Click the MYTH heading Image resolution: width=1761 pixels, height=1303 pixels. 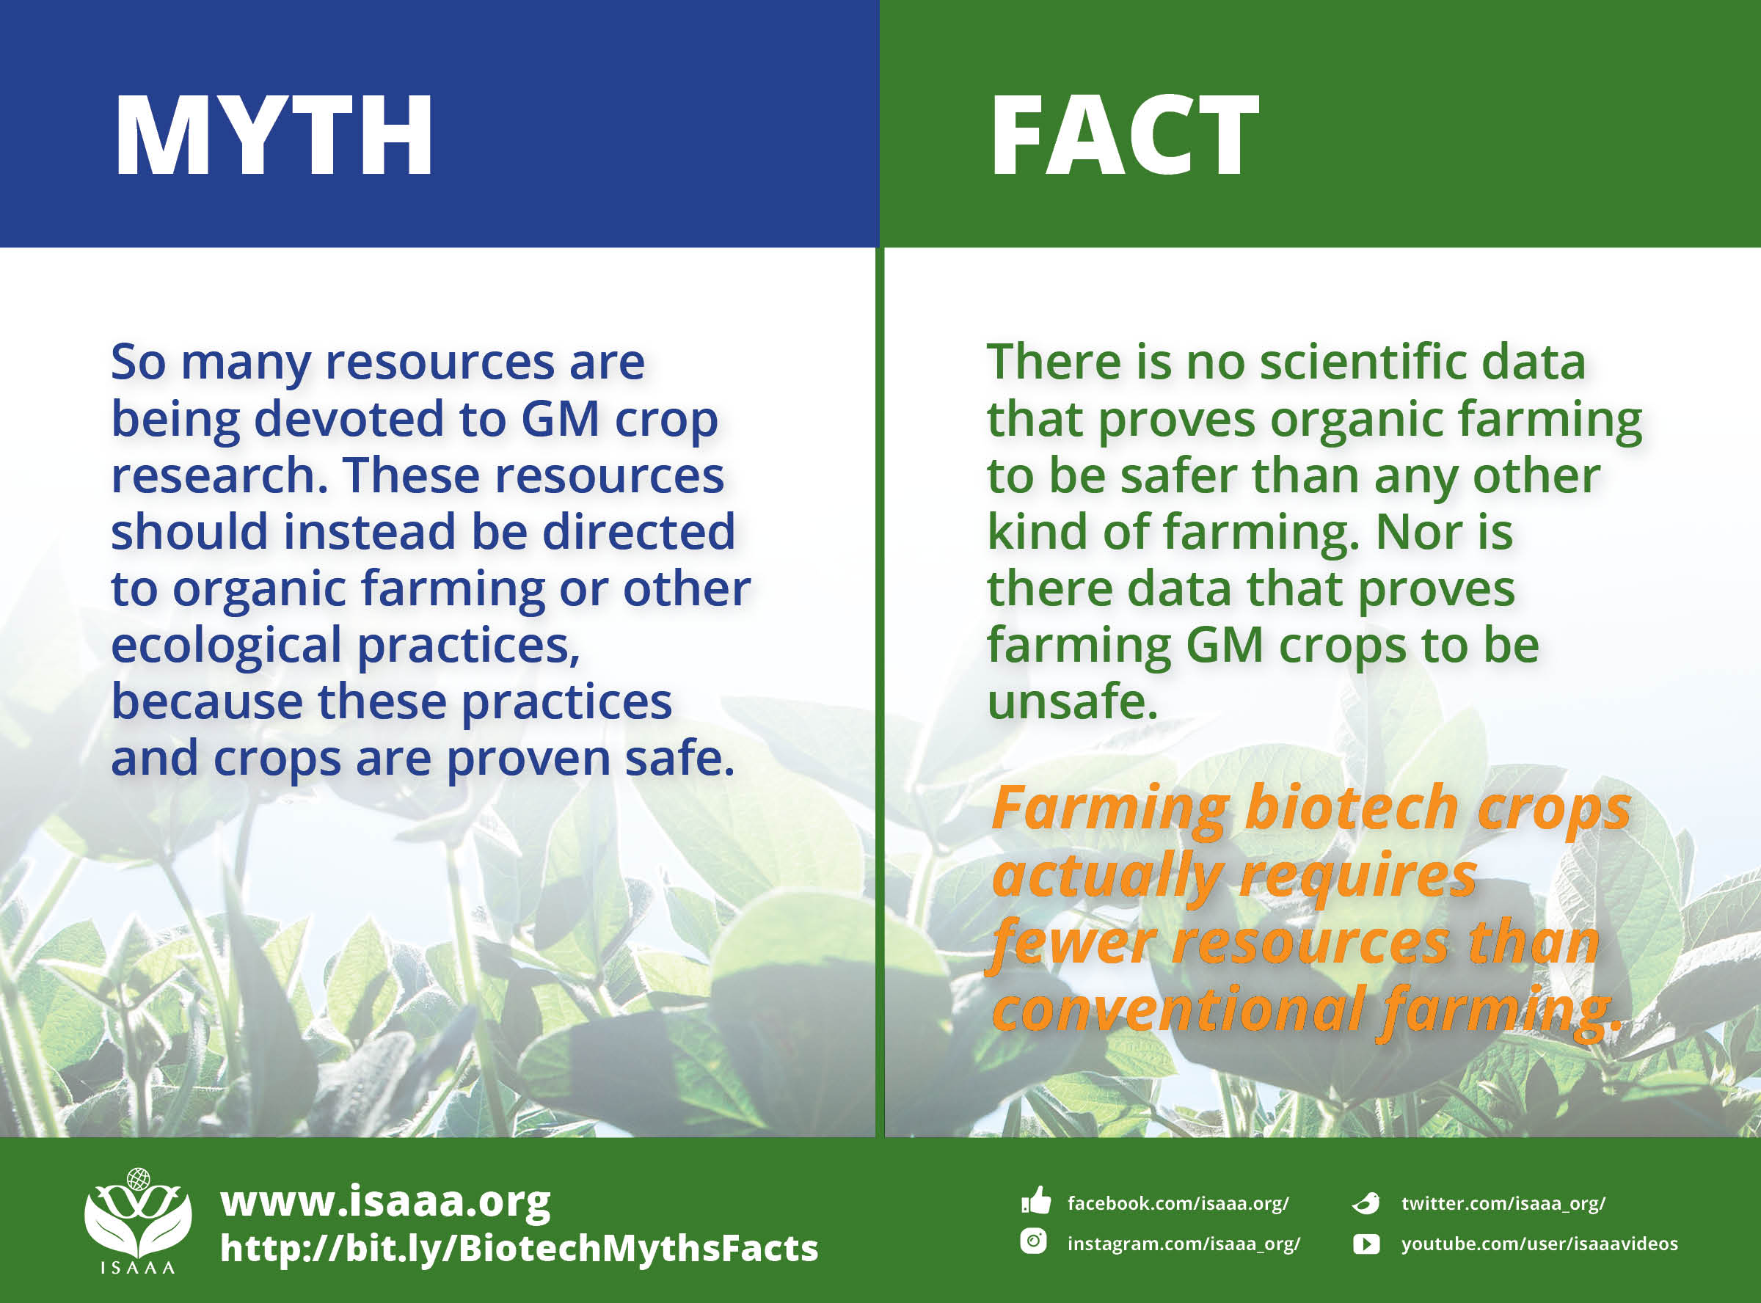[x=273, y=136]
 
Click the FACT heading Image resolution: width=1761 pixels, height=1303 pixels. [x=1124, y=136]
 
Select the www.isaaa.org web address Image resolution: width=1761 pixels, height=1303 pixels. [x=384, y=1201]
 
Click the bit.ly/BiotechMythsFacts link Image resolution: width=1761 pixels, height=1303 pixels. [x=519, y=1249]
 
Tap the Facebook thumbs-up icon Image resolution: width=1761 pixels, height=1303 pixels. [x=1035, y=1201]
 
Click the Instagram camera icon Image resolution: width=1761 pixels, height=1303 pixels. [x=1033, y=1241]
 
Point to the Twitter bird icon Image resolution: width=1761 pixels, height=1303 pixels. [x=1366, y=1202]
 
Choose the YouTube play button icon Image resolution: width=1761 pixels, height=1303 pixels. [x=1366, y=1244]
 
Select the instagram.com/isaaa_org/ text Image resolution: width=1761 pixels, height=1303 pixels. [x=1183, y=1244]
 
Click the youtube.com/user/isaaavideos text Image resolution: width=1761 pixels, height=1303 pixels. [x=1539, y=1244]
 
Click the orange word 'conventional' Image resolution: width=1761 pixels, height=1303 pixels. [x=1178, y=1010]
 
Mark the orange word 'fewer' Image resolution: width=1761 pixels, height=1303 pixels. [x=1073, y=944]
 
